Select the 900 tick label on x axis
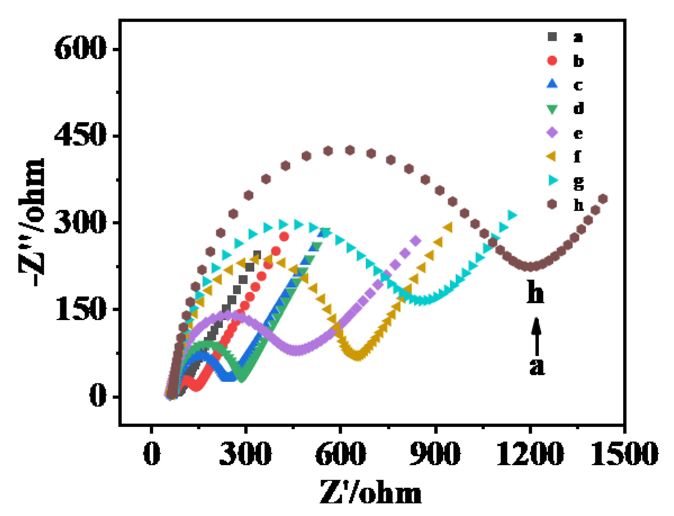click(x=435, y=453)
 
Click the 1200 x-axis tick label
click(x=529, y=453)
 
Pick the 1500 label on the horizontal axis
click(x=624, y=453)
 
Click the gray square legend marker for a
click(x=552, y=37)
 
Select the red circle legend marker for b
click(x=552, y=61)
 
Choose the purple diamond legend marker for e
click(x=552, y=132)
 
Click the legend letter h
click(x=578, y=205)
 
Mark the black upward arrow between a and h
click(x=537, y=337)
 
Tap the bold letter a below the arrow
click(x=537, y=366)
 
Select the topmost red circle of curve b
click(x=284, y=237)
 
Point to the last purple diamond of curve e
click(x=416, y=241)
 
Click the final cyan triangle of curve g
click(x=512, y=215)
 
